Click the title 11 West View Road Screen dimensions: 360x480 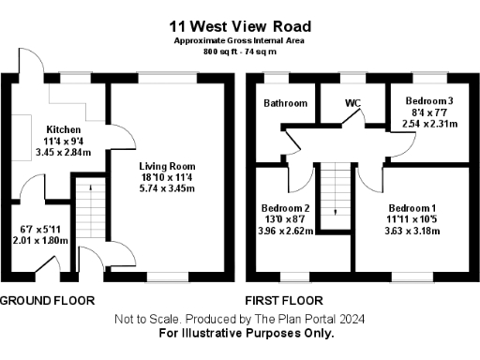[240, 27]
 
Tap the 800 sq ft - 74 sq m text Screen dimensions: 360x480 [240, 51]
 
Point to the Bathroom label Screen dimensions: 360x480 [285, 103]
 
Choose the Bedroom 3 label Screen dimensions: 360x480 [430, 100]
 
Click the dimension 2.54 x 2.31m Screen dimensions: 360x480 [430, 123]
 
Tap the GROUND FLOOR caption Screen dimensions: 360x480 [47, 301]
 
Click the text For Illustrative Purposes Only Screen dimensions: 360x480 [246, 333]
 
